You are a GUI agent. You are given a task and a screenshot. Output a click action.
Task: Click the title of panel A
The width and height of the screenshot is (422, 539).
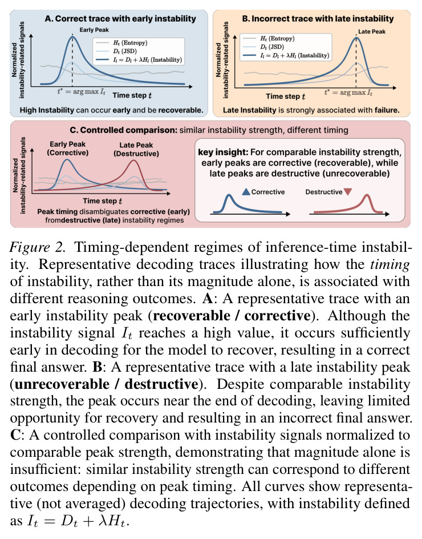click(x=120, y=19)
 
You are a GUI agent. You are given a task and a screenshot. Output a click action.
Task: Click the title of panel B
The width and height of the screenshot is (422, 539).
click(x=318, y=19)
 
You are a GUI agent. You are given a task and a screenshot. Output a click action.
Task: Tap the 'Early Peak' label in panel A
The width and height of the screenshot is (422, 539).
click(x=94, y=30)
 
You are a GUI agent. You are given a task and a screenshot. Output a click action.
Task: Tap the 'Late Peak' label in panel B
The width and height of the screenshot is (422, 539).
click(x=371, y=31)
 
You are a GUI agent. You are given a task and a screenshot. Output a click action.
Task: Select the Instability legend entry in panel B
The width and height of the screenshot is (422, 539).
click(x=286, y=55)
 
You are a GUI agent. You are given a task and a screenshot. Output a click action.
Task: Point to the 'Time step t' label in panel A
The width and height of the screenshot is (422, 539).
click(x=132, y=95)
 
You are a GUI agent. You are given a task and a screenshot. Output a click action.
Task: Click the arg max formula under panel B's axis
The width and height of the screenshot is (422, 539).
click(x=348, y=92)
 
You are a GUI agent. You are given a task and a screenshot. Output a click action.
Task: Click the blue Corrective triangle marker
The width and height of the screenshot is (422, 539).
click(x=246, y=192)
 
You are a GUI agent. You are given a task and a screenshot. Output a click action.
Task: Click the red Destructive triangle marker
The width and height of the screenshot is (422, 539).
click(x=348, y=192)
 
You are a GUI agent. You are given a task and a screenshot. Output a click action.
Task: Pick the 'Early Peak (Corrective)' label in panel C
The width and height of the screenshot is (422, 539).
click(x=68, y=148)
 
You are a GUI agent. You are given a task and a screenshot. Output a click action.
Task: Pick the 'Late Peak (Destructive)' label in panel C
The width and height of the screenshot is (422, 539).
click(x=136, y=149)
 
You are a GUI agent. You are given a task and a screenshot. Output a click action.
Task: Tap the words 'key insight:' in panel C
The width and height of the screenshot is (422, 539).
click(x=223, y=152)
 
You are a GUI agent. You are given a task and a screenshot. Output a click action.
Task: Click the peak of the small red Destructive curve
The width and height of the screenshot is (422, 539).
click(x=367, y=195)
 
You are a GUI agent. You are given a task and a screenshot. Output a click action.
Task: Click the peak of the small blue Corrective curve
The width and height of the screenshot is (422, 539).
click(x=229, y=195)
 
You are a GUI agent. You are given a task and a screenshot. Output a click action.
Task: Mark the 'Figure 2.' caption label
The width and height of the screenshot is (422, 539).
click(x=38, y=247)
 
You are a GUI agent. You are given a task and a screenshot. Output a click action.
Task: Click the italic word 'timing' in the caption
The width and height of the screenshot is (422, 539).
click(x=389, y=265)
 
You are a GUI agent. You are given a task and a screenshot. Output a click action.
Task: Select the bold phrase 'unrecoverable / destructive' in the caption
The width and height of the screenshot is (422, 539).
click(x=107, y=384)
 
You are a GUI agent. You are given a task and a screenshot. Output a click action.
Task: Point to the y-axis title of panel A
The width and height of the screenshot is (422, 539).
click(x=18, y=60)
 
